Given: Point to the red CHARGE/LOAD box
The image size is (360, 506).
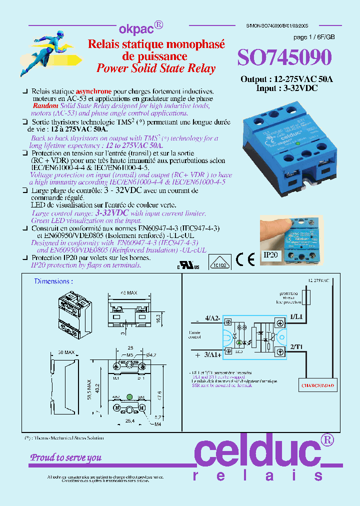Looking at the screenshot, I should click(317, 385).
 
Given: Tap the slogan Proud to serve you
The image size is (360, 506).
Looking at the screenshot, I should click(66, 457).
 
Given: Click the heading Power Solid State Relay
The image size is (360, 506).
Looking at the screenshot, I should click(156, 68).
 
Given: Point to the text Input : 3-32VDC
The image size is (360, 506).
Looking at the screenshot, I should click(286, 87).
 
